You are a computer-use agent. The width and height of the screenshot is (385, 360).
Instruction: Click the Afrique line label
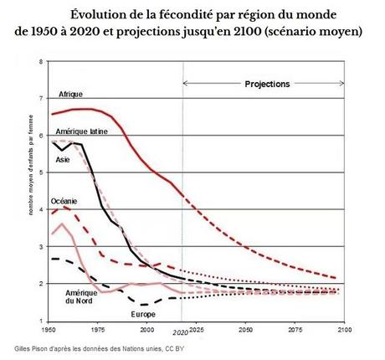[x=70, y=94]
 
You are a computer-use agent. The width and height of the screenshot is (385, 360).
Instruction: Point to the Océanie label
[x=64, y=199]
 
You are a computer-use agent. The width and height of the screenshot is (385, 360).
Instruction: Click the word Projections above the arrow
[x=267, y=85]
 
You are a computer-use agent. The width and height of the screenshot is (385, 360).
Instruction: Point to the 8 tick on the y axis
[x=43, y=63]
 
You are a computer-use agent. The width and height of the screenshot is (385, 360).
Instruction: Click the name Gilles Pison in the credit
[x=35, y=347]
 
